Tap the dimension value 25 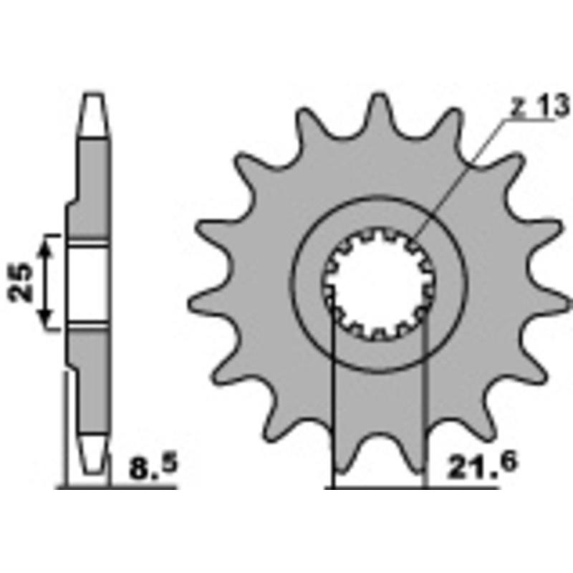(24, 283)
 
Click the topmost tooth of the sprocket (378, 111)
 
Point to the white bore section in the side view (90, 284)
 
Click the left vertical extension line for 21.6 (334, 401)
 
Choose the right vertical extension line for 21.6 (425, 401)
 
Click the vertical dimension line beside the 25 (47, 283)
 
